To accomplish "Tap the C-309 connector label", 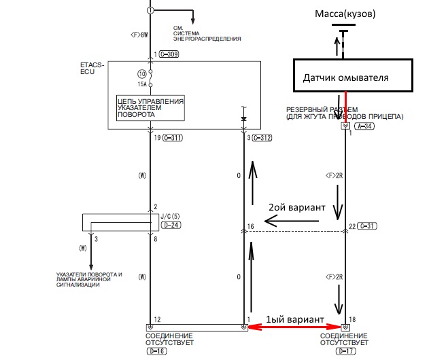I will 171,54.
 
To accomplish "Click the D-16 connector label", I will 157,351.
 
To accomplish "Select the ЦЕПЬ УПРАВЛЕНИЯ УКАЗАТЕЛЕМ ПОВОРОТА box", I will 150,107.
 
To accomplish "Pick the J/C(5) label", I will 167,215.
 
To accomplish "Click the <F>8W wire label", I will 139,34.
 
